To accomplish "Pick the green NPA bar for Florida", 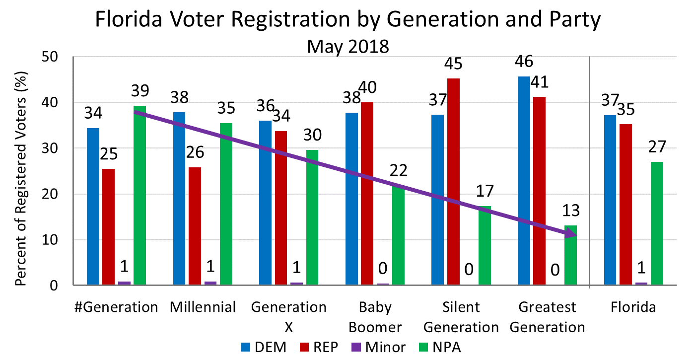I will [x=657, y=223].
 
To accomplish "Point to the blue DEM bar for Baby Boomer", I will [x=351, y=199].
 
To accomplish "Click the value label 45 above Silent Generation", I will [x=454, y=64].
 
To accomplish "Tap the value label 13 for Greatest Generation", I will [x=571, y=211].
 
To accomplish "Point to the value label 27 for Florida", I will [x=657, y=147].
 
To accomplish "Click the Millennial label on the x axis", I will [x=203, y=307].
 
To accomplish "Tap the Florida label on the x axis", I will [x=633, y=307].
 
